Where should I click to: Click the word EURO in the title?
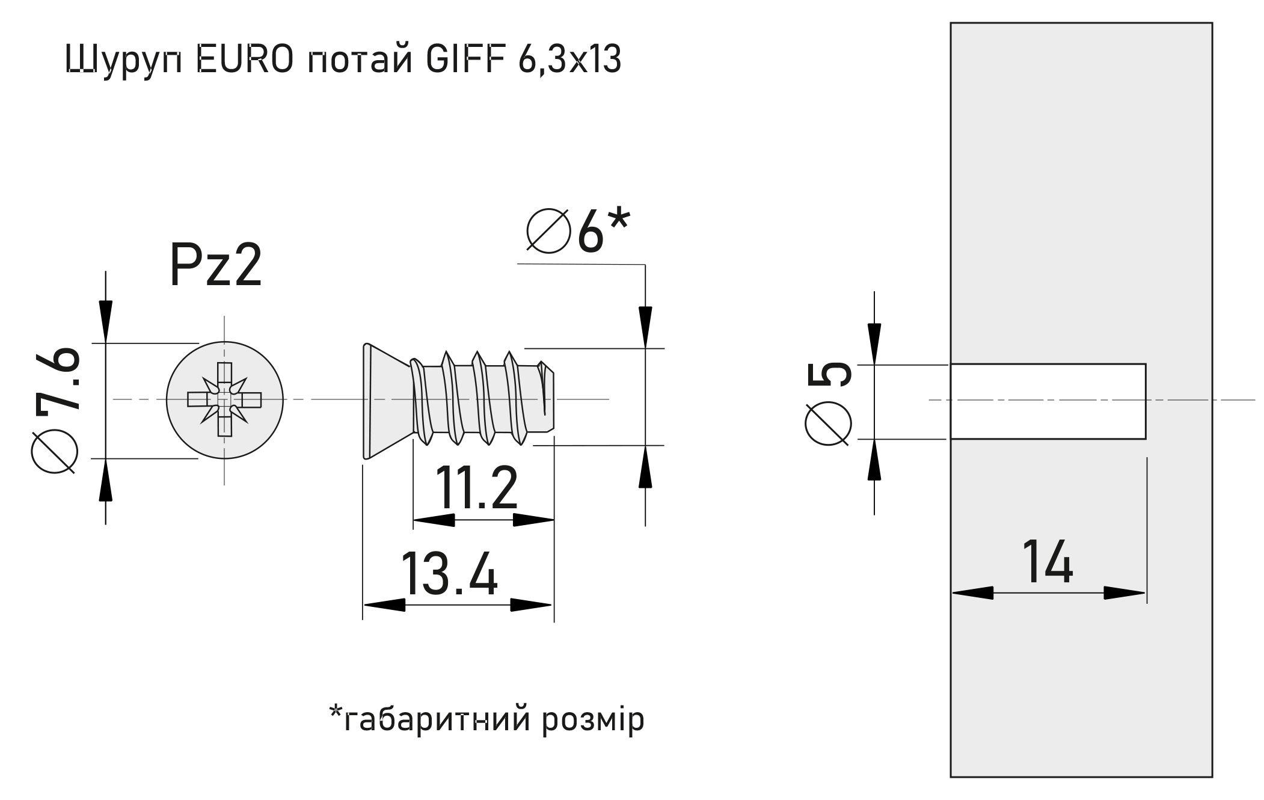point(245,60)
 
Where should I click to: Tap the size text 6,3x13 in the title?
point(568,60)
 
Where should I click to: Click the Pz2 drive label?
point(216,266)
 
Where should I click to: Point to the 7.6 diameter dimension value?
point(58,379)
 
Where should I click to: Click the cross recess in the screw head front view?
point(224,399)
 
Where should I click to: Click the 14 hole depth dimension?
point(1047,562)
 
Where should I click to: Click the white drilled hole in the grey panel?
point(1047,401)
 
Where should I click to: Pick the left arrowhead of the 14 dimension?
point(972,593)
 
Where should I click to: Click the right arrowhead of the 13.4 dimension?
point(532,605)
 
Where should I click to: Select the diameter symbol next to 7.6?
point(55,451)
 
